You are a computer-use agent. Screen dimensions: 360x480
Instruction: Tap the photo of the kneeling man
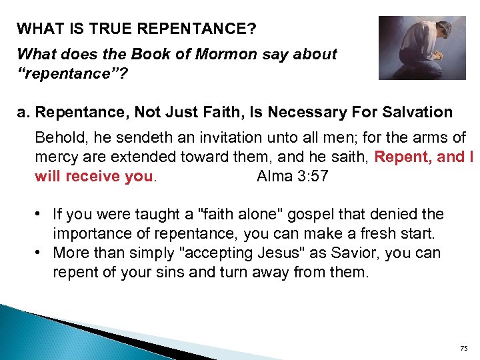tap(422, 47)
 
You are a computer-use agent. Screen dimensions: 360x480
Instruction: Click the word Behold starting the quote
tap(58, 139)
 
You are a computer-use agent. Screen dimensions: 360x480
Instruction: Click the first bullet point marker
tap(41, 214)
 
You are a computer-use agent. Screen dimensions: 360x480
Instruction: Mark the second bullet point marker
tap(41, 253)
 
